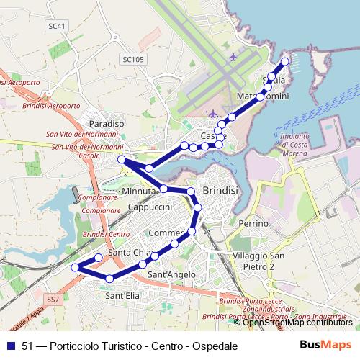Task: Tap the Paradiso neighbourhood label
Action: pos(107,124)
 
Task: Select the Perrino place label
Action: pos(253,224)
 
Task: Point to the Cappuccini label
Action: pos(148,207)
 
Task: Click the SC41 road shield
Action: pos(58,26)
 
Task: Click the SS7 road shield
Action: pos(52,298)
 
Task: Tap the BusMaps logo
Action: pos(325,345)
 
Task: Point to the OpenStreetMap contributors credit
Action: pos(297,323)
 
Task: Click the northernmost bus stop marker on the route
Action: pos(285,62)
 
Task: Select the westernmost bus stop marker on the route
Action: pos(75,268)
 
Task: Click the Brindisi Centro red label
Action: pos(106,235)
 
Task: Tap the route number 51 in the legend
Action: pos(28,346)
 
